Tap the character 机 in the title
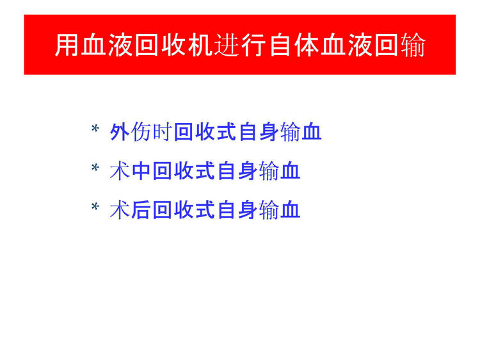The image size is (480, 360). pyautogui.click(x=200, y=45)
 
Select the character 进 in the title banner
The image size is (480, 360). pyautogui.click(x=227, y=45)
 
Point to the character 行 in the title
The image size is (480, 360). pyautogui.click(x=253, y=45)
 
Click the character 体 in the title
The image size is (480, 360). pyautogui.click(x=307, y=45)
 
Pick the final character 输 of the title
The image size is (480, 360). pyautogui.click(x=413, y=45)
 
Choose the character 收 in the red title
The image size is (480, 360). pyautogui.click(x=174, y=45)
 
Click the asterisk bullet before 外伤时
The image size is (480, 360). pyautogui.click(x=95, y=129)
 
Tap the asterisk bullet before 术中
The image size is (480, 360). pyautogui.click(x=95, y=168)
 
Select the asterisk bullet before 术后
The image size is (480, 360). pyautogui.click(x=95, y=207)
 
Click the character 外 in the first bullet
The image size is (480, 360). pyautogui.click(x=120, y=132)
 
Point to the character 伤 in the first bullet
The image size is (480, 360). pyautogui.click(x=141, y=132)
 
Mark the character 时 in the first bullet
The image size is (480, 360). pyautogui.click(x=163, y=132)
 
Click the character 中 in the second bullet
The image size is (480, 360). pyautogui.click(x=141, y=171)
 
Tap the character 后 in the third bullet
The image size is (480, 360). pyautogui.click(x=141, y=210)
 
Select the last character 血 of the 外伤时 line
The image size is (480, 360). pyautogui.click(x=312, y=132)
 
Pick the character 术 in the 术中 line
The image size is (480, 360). pyautogui.click(x=120, y=171)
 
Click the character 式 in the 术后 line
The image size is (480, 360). pyautogui.click(x=205, y=210)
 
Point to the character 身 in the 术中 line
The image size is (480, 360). pyautogui.click(x=248, y=171)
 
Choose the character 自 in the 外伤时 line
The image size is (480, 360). pyautogui.click(x=248, y=132)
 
